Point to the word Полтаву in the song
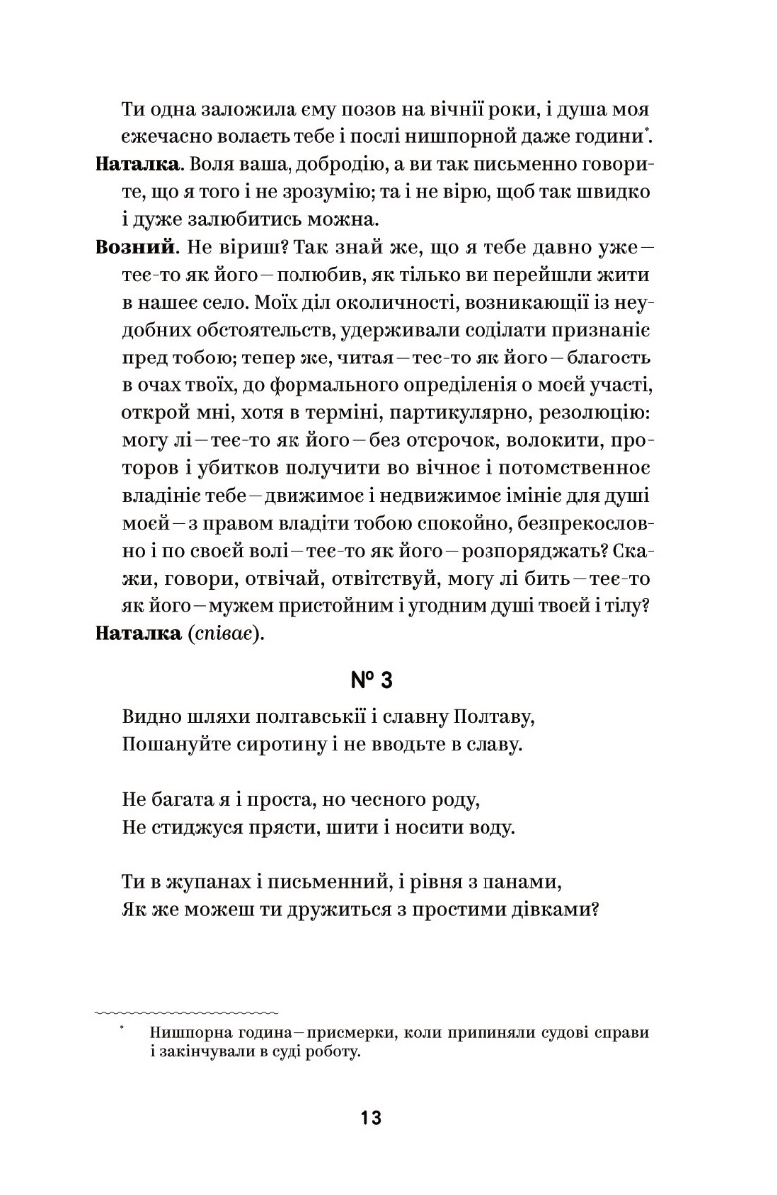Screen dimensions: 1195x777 pyautogui.click(x=495, y=717)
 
